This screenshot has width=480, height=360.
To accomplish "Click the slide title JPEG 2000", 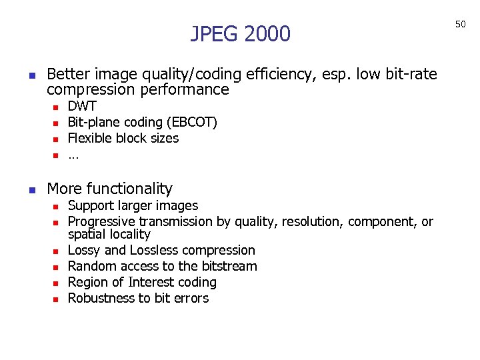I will point(240,33).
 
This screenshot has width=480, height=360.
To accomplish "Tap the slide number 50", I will point(460,24).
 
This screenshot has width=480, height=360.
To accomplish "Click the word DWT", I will point(82,107).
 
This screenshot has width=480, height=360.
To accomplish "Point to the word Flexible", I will point(91,139).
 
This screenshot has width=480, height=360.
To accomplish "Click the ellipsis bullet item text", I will point(73,156).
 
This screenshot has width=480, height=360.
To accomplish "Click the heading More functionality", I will point(110,189).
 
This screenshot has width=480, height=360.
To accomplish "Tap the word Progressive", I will point(100,222).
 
